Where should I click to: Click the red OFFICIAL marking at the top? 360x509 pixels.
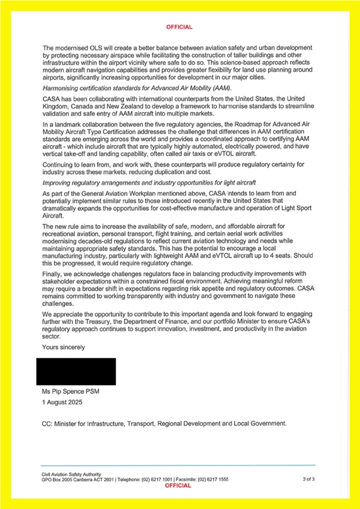(x=180, y=27)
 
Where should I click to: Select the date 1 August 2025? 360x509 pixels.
(x=62, y=402)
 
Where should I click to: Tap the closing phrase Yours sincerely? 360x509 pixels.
(x=64, y=347)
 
